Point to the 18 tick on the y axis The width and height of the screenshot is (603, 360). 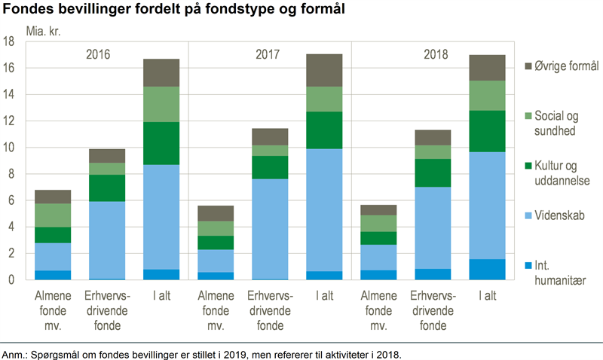10,42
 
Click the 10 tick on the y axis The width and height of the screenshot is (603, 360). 10,148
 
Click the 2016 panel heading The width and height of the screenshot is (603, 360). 98,55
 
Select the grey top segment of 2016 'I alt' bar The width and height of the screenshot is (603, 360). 161,72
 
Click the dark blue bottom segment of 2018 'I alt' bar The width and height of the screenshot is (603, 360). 487,270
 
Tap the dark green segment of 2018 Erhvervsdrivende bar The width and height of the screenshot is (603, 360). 433,172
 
